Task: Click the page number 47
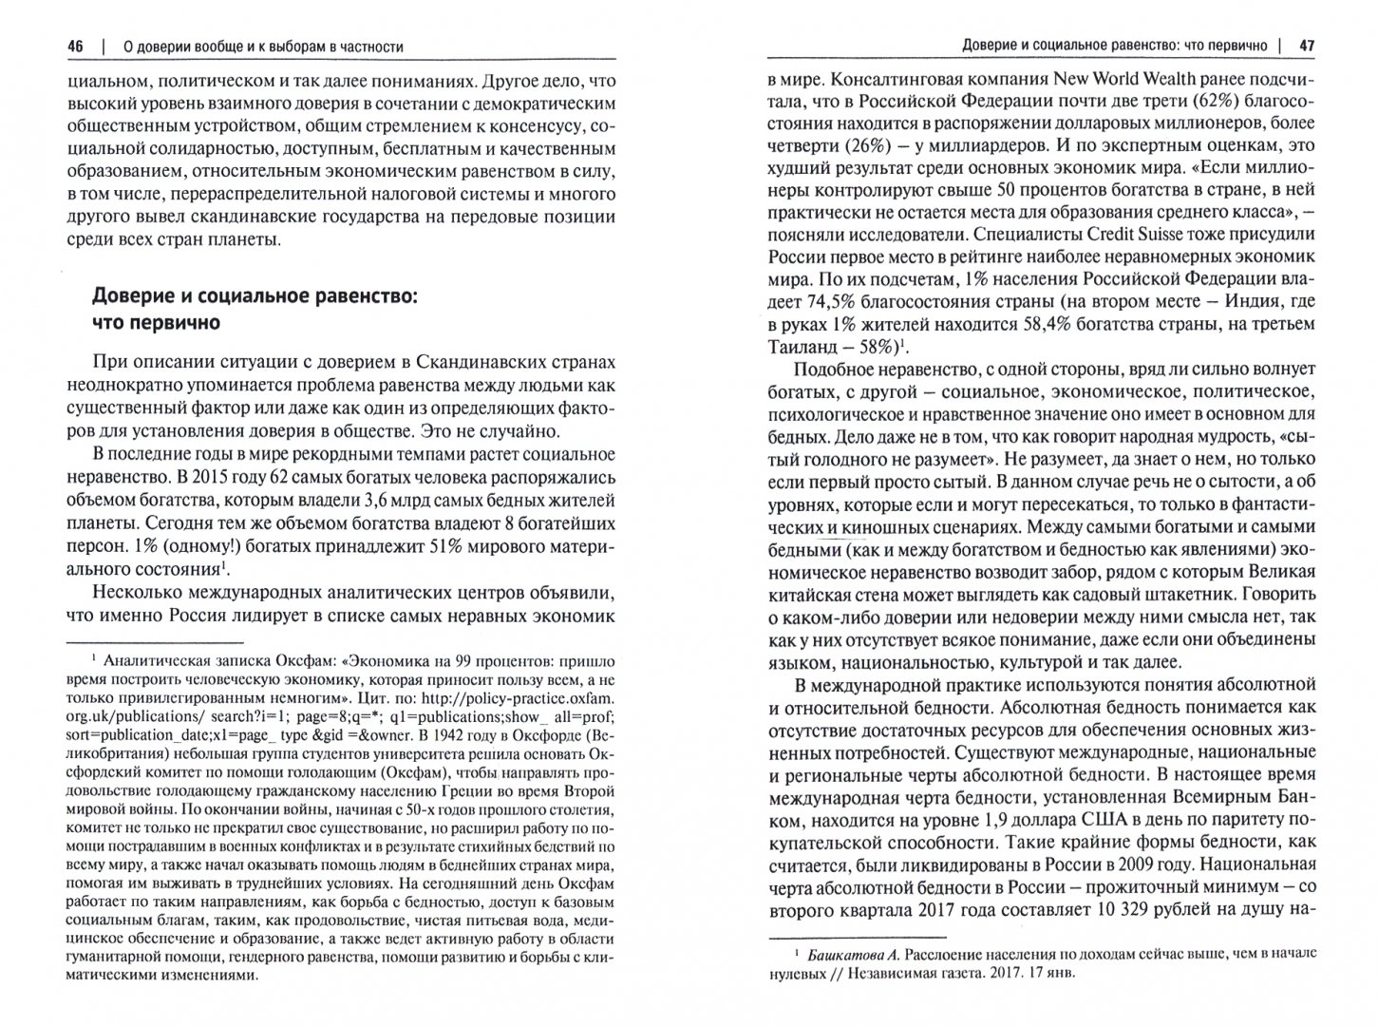[1307, 46]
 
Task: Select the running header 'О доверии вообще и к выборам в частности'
[252, 46]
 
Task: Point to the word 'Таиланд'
[804, 348]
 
